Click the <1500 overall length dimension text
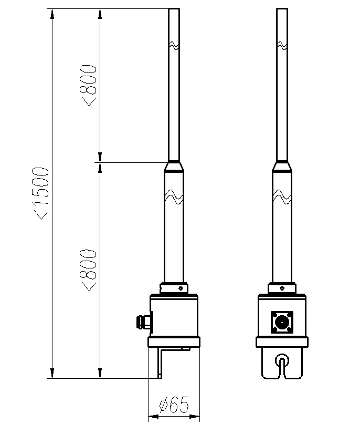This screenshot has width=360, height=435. (41, 193)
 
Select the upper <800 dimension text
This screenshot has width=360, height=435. (88, 86)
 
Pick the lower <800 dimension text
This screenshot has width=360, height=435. (88, 270)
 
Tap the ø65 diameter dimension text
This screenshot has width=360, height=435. (174, 405)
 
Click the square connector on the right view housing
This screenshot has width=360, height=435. (282, 322)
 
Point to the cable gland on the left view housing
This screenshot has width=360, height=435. (144, 322)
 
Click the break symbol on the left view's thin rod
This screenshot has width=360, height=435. (174, 46)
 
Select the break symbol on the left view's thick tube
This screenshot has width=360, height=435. (174, 196)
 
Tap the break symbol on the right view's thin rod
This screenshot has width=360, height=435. (282, 46)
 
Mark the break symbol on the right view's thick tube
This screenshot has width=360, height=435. (282, 196)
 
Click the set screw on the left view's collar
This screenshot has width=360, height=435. (181, 288)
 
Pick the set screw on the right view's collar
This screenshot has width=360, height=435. (282, 288)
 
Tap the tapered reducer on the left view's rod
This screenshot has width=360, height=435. (174, 166)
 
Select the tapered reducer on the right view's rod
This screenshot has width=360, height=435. (282, 166)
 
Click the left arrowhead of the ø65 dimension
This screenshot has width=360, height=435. (153, 417)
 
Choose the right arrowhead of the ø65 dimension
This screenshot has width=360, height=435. (195, 417)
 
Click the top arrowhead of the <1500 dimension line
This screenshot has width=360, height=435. (52, 14)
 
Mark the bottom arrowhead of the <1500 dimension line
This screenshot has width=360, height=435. (52, 373)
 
